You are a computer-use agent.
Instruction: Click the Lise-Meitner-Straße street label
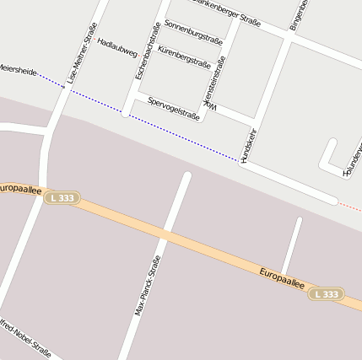[78, 52]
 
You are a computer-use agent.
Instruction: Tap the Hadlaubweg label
[116, 46]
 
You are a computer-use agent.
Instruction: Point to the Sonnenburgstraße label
[193, 32]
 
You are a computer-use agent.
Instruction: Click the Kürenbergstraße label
[184, 56]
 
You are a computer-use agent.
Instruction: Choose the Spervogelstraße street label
[173, 108]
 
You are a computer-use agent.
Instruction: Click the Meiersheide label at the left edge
[17, 70]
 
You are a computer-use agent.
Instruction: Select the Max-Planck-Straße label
[147, 286]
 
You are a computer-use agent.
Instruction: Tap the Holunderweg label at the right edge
[352, 160]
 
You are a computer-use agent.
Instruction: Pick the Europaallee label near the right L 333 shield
[282, 279]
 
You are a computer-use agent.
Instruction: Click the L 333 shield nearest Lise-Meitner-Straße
[62, 198]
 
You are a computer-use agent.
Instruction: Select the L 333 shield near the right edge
[326, 294]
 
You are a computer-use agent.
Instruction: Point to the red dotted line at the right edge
[349, 206]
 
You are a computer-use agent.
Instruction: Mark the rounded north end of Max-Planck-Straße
[186, 177]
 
